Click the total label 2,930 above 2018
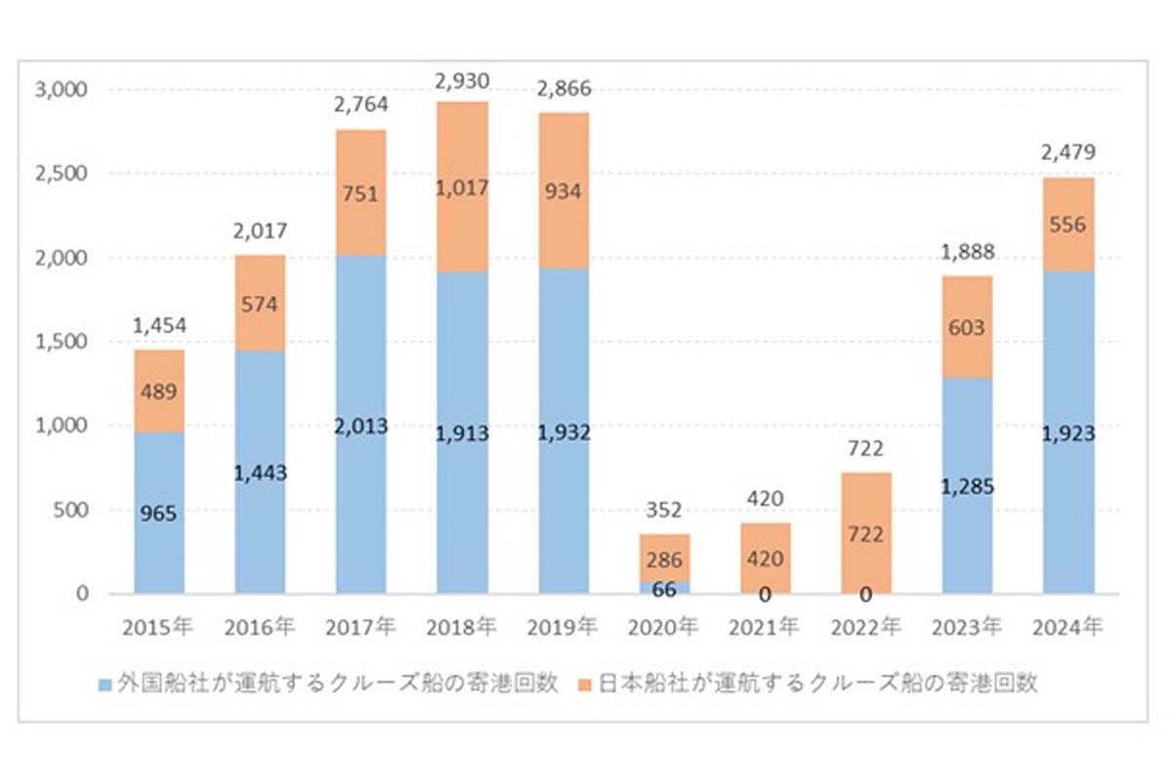click(462, 81)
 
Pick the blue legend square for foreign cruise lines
click(104, 683)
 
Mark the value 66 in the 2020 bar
click(664, 589)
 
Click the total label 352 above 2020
click(664, 510)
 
